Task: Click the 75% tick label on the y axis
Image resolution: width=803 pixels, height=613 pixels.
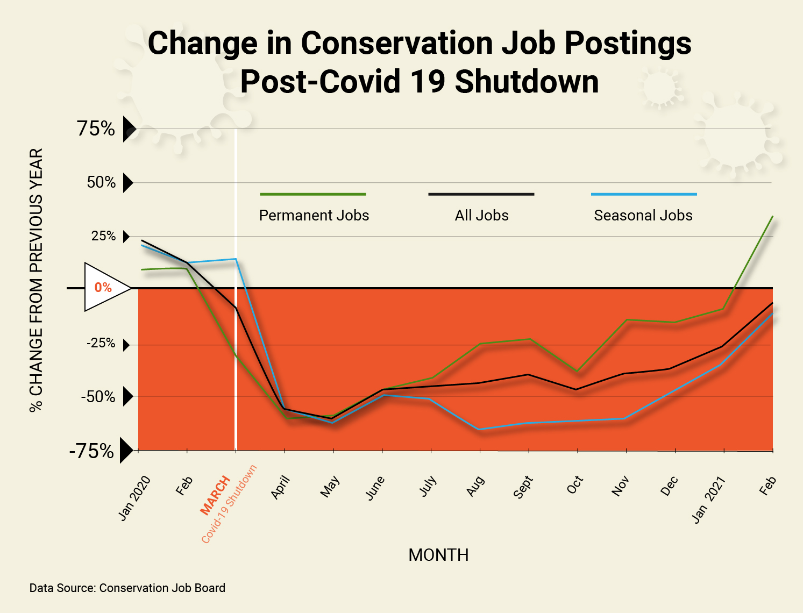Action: pos(96,129)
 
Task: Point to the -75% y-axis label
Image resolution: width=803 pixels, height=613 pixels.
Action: pos(91,451)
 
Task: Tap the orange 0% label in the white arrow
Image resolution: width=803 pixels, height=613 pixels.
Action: pos(103,288)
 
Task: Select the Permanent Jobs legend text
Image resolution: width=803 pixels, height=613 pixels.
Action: pos(314,216)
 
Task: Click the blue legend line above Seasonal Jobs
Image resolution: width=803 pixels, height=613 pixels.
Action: pos(643,194)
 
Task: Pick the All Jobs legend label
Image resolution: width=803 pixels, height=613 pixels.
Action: pos(481,216)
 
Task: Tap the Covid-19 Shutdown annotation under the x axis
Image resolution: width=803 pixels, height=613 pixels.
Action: pos(229,504)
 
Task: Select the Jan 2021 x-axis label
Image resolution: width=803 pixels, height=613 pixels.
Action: pos(708,500)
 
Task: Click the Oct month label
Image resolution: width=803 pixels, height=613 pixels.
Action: pos(575,485)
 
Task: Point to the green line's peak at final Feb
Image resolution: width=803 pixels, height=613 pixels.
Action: pos(772,217)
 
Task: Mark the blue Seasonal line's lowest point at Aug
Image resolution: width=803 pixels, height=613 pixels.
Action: pos(479,429)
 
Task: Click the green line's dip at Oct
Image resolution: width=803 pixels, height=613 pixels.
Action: pos(577,371)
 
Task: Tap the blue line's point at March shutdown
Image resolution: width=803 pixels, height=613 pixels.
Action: pos(236,259)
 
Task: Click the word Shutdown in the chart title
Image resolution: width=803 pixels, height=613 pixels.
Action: pos(527,82)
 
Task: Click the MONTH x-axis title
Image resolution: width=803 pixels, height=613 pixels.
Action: pos(438,555)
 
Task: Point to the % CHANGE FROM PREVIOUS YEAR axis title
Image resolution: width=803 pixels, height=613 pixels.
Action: pos(36,280)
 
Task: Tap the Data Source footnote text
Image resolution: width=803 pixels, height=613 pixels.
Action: pos(127,588)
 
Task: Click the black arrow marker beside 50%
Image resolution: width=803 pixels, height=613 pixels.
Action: pos(127,183)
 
